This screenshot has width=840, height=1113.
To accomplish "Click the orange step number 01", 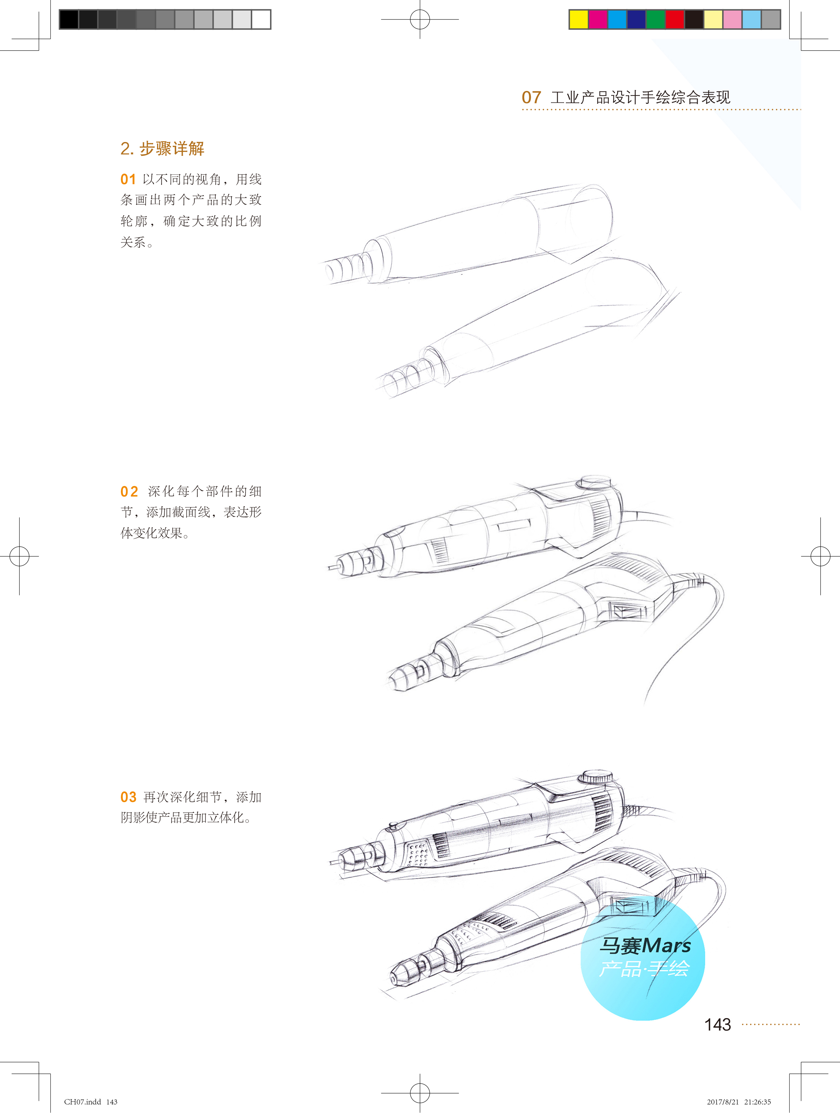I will coord(128,179).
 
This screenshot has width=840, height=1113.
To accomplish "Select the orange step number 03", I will coord(128,797).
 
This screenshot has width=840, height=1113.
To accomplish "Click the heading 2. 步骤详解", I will coord(162,149).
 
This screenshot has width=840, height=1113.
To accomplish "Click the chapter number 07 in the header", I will coord(531,97).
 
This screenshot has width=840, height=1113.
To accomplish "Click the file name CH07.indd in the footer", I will coord(83,1101).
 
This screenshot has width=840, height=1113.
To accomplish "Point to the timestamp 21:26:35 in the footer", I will coord(757,1101).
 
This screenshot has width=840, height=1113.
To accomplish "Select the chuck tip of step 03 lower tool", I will coord(394,979).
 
